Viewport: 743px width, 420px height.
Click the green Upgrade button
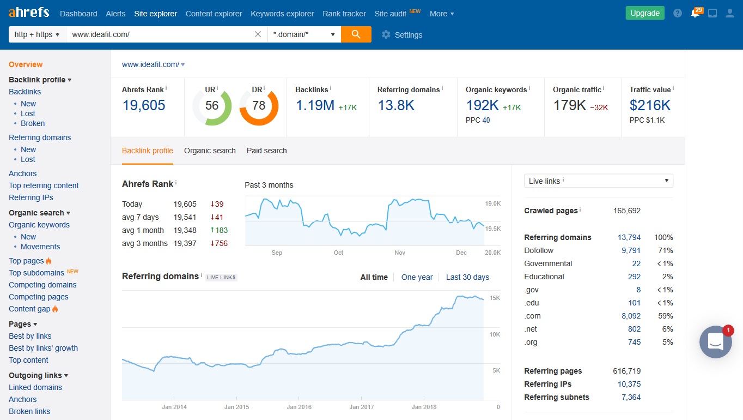click(x=644, y=14)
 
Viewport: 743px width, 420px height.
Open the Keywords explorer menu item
click(x=282, y=14)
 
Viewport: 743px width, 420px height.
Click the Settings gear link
click(x=402, y=35)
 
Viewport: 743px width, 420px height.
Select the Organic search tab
click(x=210, y=151)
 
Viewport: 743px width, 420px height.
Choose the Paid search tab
click(x=266, y=151)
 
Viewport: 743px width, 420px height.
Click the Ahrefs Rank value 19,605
click(x=144, y=105)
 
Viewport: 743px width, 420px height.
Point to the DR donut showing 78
click(x=259, y=106)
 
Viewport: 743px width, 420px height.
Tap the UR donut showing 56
click(x=212, y=106)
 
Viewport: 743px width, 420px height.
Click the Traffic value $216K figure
click(x=650, y=105)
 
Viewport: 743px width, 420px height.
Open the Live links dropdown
click(x=598, y=181)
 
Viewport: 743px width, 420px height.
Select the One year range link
click(x=417, y=277)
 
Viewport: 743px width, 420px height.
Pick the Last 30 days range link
click(x=467, y=277)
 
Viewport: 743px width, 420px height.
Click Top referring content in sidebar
click(x=44, y=185)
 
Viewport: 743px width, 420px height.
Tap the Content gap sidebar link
click(x=29, y=309)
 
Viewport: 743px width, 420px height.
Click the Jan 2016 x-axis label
click(x=299, y=407)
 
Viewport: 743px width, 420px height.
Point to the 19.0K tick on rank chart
click(x=492, y=203)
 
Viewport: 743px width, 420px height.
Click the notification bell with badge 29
click(x=695, y=14)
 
